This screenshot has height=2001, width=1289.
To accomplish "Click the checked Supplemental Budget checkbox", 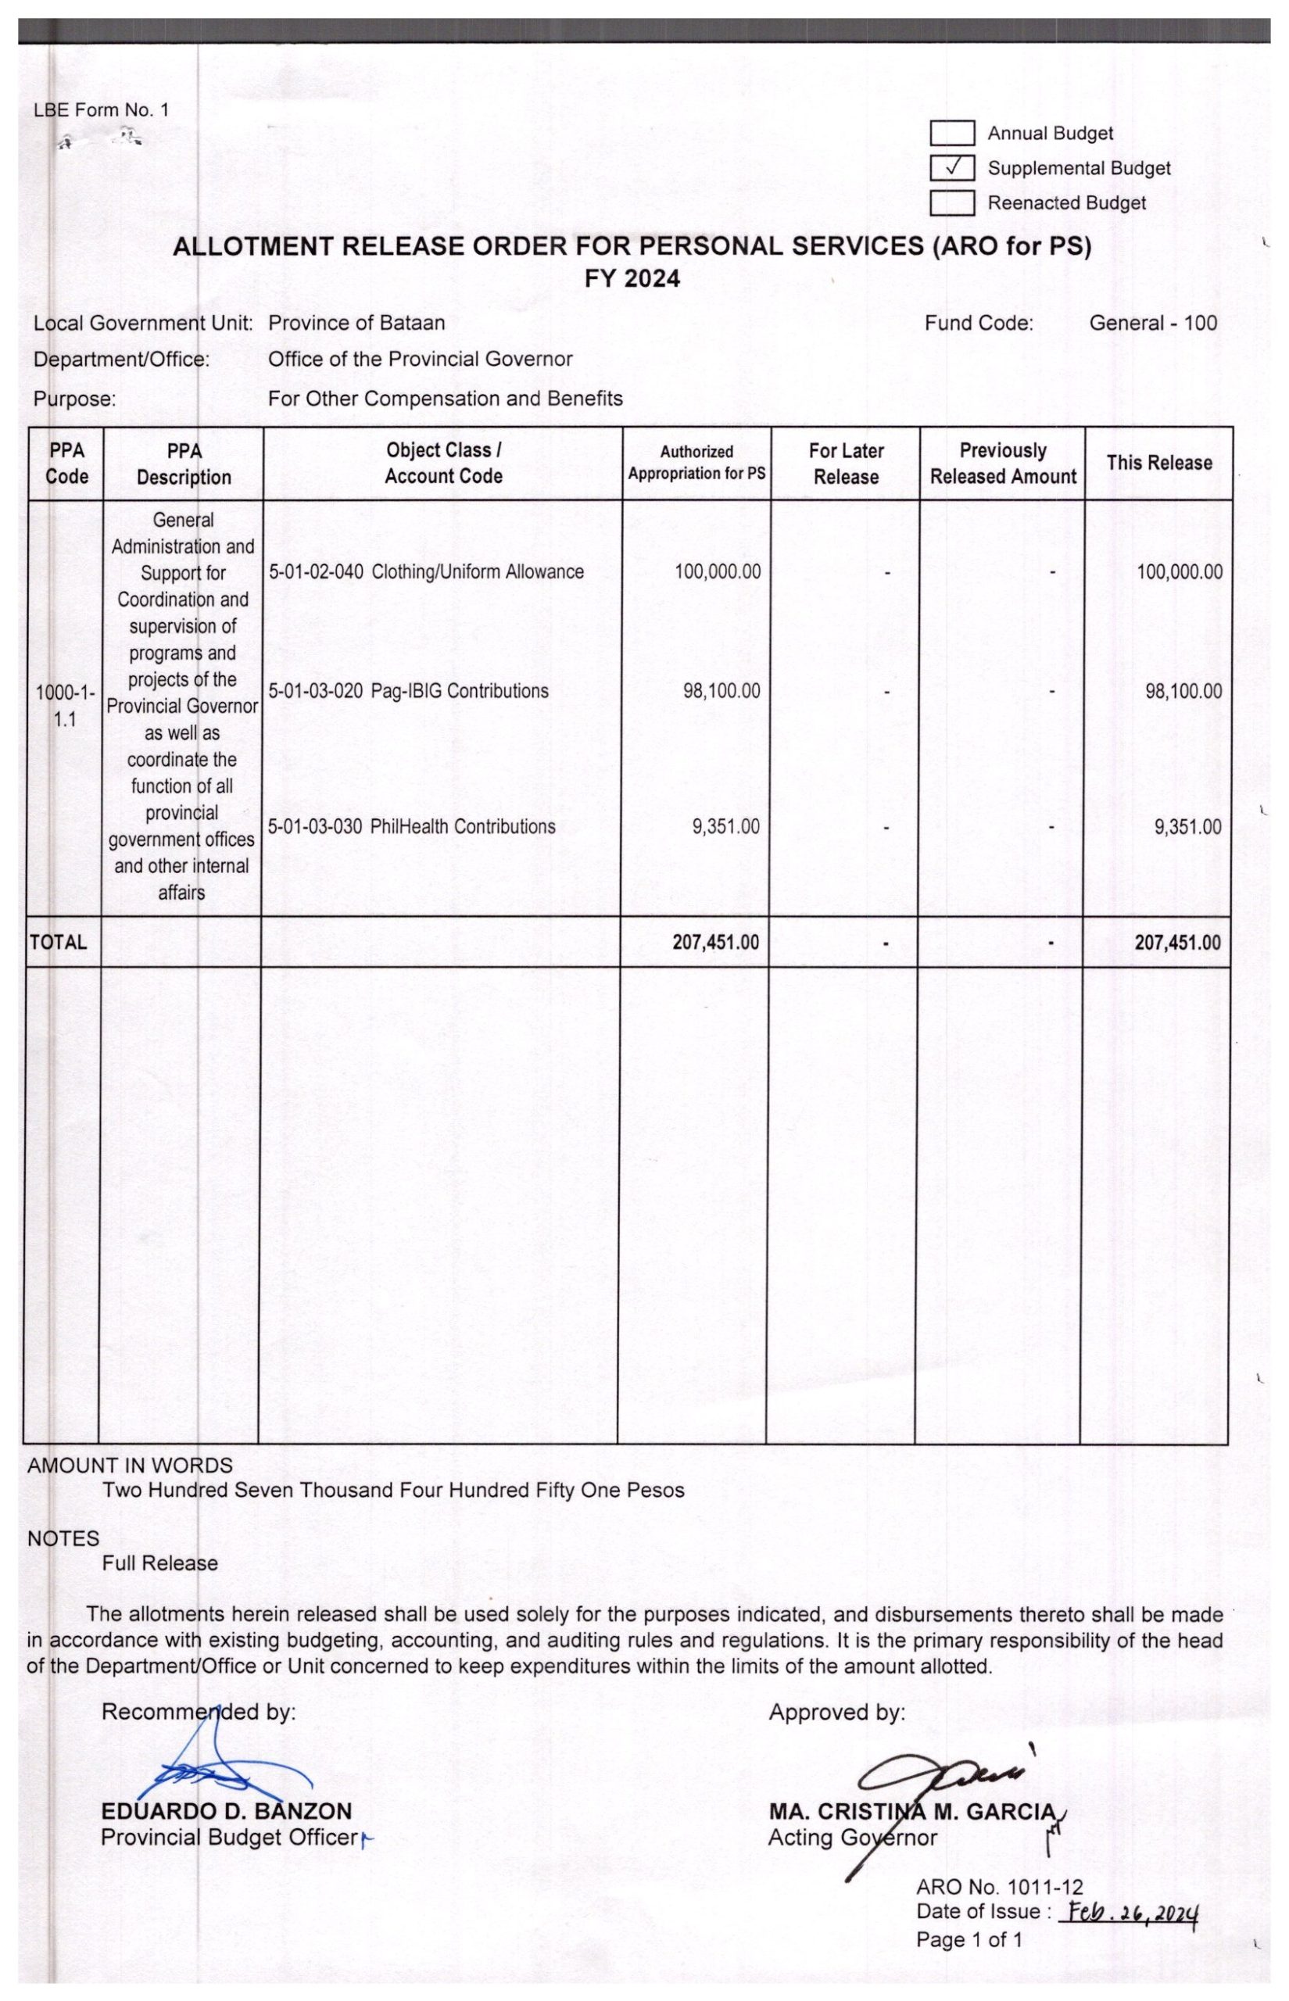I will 951,168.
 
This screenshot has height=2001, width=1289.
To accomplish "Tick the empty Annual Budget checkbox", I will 951,133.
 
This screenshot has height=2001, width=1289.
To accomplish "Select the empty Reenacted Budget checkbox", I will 951,203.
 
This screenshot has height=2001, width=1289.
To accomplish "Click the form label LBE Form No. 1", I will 100,109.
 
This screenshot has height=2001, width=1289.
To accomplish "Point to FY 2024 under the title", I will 632,279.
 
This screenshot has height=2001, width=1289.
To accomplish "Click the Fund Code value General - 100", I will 1152,323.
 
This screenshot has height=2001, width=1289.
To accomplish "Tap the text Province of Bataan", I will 356,323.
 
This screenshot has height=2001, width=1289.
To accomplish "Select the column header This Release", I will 1158,463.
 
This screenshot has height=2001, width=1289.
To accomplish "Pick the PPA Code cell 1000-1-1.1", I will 66,706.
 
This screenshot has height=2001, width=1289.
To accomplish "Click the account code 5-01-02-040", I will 316,572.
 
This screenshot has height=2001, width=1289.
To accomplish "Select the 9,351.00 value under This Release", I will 1187,827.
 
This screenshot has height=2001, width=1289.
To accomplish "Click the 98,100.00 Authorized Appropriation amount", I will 721,691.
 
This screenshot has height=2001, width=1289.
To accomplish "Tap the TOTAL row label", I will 59,943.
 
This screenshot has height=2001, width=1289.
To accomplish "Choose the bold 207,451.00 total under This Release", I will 1177,943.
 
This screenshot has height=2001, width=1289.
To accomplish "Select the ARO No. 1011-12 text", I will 1000,1887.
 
